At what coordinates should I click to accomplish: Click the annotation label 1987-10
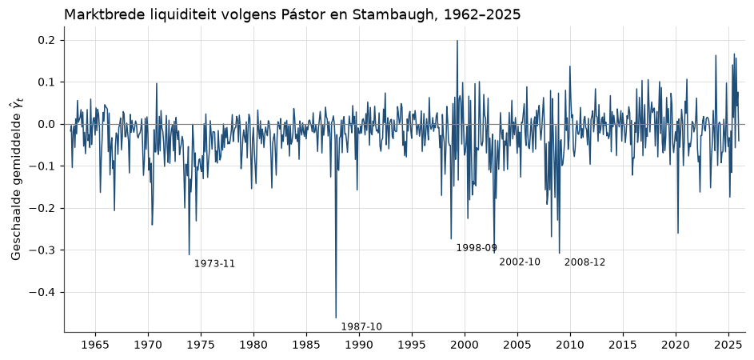tap(361, 326)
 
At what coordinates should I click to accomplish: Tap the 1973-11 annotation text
tap(214, 264)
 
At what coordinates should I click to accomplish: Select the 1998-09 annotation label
tap(477, 248)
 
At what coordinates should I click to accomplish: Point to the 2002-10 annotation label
tap(520, 262)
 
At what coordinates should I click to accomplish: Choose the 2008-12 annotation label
tap(584, 262)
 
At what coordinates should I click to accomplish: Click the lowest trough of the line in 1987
tap(336, 318)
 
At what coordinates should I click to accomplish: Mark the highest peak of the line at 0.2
tap(457, 41)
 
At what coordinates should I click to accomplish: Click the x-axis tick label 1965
tap(95, 346)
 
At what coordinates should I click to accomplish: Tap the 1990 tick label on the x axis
tap(359, 346)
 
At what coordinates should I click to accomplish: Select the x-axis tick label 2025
tap(728, 346)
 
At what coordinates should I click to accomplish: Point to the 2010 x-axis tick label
tap(570, 346)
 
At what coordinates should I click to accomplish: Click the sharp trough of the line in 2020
tap(678, 233)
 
